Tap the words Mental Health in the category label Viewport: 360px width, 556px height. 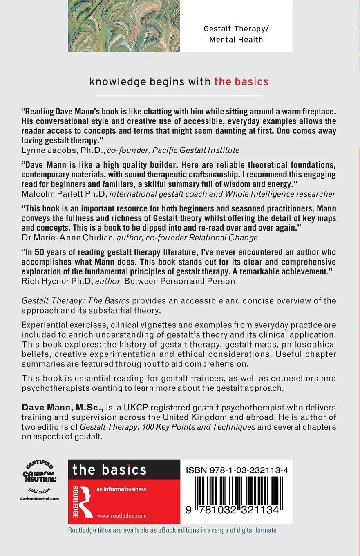(x=236, y=40)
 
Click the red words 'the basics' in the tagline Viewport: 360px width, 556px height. (x=241, y=81)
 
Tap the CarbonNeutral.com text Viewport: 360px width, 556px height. (x=39, y=498)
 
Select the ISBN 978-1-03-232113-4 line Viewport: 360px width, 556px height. (x=237, y=471)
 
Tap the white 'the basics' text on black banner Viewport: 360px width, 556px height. (x=109, y=469)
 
